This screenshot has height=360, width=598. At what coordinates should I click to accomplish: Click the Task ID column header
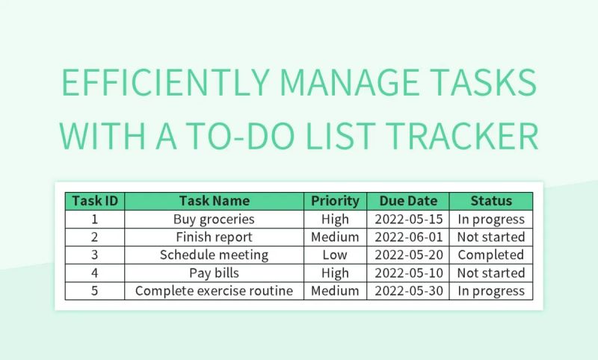[95, 201]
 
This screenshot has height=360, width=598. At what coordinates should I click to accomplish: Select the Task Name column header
[215, 201]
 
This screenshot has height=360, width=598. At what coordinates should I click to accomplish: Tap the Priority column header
[335, 201]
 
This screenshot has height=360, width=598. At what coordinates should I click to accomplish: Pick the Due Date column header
[408, 201]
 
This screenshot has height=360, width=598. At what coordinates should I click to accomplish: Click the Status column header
[491, 201]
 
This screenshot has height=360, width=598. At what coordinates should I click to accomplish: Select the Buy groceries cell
[215, 219]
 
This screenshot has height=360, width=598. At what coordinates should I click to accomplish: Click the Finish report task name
[215, 237]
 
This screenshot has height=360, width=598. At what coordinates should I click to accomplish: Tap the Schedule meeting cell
[215, 255]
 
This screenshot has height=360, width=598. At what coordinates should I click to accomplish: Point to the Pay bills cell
[215, 273]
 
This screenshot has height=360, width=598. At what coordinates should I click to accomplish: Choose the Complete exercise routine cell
[215, 291]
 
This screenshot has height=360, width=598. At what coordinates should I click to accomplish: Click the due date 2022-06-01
[408, 237]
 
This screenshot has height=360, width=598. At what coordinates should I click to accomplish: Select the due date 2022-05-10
[408, 273]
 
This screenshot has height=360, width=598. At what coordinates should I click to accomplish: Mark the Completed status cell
[491, 255]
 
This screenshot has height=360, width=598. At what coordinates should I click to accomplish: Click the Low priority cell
[335, 255]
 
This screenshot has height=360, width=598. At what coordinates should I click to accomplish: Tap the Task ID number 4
[95, 273]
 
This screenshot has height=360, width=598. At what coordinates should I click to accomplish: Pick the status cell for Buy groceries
[491, 219]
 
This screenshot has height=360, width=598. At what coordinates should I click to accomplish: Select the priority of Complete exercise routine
[335, 291]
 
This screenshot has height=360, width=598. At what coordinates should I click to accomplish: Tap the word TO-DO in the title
[280, 137]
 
